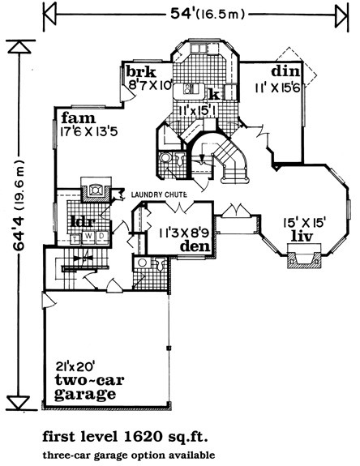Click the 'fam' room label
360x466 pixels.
pyautogui.click(x=79, y=118)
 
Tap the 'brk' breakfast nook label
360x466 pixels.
pyautogui.click(x=141, y=71)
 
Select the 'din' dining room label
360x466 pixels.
pyautogui.click(x=285, y=71)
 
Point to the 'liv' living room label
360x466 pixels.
pyautogui.click(x=302, y=237)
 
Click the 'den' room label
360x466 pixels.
pyautogui.click(x=195, y=246)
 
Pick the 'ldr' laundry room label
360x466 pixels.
pyautogui.click(x=84, y=221)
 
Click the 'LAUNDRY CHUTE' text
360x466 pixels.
pyautogui.click(x=159, y=195)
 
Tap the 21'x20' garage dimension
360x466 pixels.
pyautogui.click(x=75, y=366)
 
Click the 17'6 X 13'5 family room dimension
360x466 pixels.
pyautogui.click(x=89, y=132)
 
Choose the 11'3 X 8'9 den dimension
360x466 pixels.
pyautogui.click(x=184, y=233)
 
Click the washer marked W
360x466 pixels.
pyautogui.click(x=89, y=237)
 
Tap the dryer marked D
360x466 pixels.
pyautogui.click(x=102, y=237)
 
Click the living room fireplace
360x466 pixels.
pyautogui.click(x=304, y=256)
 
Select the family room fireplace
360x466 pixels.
pyautogui.click(x=96, y=190)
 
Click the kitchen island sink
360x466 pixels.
pyautogui.click(x=188, y=88)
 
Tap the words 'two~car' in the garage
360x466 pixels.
pyautogui.click(x=89, y=380)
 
